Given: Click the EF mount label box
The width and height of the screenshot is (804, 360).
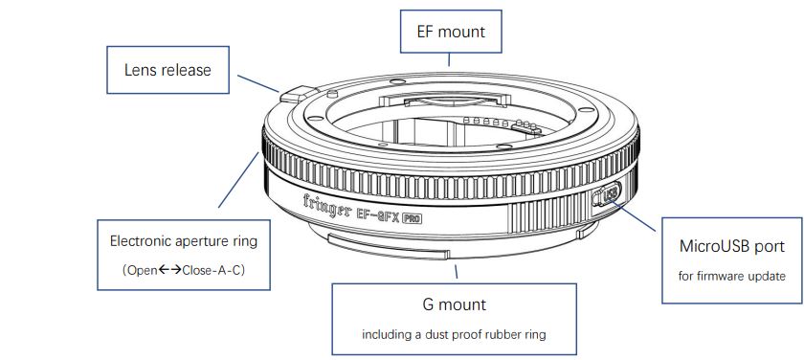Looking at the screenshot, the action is click(450, 32).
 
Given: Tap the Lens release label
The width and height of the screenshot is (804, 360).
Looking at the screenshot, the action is click(167, 70).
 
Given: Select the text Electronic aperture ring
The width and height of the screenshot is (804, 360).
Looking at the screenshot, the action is click(184, 241).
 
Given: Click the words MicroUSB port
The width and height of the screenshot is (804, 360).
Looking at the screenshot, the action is click(731, 246).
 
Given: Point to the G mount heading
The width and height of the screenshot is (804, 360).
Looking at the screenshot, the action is click(455, 304).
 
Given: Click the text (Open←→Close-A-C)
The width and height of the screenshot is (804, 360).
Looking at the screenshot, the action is click(184, 270).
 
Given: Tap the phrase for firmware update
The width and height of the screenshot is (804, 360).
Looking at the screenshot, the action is click(731, 277).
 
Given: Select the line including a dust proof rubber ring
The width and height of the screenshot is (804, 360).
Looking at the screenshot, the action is click(454, 335).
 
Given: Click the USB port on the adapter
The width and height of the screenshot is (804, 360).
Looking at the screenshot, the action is click(609, 194).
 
